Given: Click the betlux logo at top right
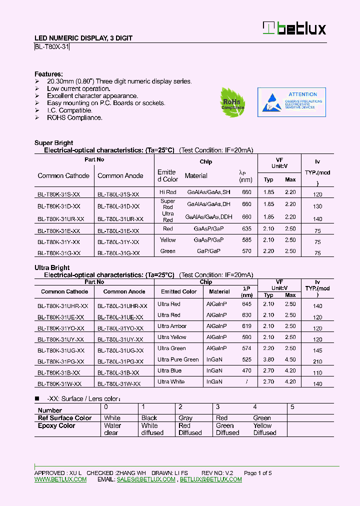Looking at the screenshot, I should point(294,28).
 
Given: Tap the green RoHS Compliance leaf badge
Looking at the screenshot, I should point(232,102).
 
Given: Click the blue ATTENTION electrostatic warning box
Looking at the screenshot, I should point(291,102).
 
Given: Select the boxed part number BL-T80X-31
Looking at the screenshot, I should point(52,47).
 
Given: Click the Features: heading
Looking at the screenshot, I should point(48,73).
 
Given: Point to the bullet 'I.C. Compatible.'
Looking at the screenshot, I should point(69,110).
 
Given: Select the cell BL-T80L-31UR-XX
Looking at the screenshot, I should point(120,219).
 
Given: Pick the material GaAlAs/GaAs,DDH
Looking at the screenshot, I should point(208,217).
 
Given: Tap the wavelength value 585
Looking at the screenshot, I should point(246,240).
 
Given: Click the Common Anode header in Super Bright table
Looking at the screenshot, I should point(120,176).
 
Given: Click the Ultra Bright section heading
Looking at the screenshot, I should point(52,268).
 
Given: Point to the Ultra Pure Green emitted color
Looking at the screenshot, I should point(178,359).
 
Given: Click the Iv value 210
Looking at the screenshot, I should point(317,361).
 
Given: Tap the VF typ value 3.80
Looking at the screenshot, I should point(268,359).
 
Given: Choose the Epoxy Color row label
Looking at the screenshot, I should point(56,426).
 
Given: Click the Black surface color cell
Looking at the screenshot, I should point(149,418).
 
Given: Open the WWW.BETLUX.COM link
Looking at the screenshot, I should point(60,479).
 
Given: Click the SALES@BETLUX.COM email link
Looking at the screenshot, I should point(146,479).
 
